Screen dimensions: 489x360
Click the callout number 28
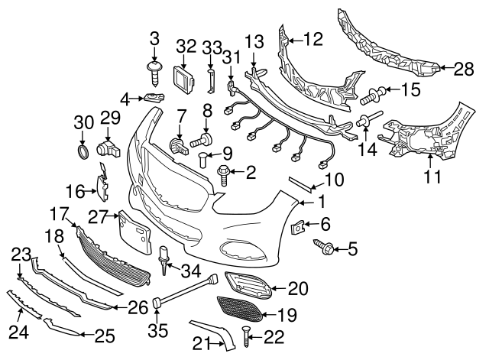[464, 70]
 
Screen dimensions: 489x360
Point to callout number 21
[201, 345]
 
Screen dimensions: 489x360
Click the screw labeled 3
[156, 74]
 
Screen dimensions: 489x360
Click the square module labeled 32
[183, 78]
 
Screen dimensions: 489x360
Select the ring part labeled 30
[83, 149]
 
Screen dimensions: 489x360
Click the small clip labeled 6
[300, 225]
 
